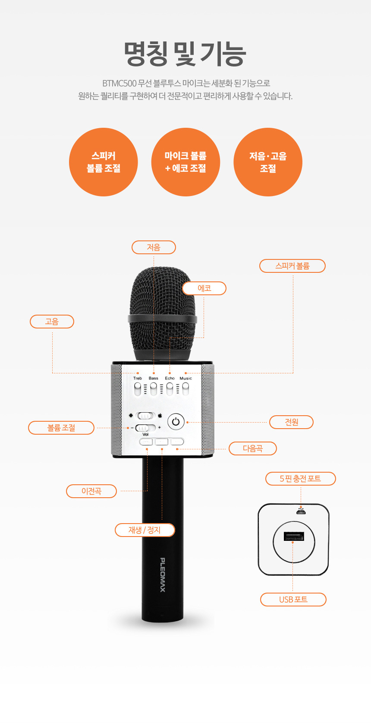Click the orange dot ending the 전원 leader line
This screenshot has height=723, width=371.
[187, 422]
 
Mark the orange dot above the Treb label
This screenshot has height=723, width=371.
[138, 373]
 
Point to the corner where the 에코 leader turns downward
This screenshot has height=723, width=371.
[204, 338]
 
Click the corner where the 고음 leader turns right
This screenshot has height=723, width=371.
[52, 373]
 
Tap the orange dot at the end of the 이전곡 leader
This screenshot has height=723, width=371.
[147, 449]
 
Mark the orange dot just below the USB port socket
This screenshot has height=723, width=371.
[292, 542]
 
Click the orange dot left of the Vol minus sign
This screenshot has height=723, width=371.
[128, 428]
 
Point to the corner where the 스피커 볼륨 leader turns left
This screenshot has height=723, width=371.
[293, 373]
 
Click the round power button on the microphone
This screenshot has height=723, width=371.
[176, 422]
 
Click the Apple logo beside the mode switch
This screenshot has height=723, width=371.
[160, 415]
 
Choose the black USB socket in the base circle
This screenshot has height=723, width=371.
[294, 536]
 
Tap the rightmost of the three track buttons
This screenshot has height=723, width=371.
[177, 442]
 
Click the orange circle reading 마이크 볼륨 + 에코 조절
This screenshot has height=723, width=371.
[185, 162]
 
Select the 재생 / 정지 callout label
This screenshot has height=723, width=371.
[145, 530]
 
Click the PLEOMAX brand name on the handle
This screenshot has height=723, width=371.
[163, 575]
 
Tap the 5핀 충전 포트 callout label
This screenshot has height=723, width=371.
[300, 478]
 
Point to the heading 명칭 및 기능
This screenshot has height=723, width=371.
[185, 54]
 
